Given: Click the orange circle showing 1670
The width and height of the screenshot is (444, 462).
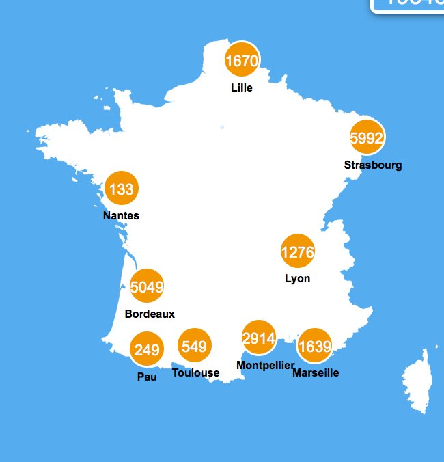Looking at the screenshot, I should click(x=242, y=62).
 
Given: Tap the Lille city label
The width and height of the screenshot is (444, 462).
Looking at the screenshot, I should click(x=242, y=87).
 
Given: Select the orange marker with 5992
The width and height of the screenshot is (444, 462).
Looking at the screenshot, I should click(x=367, y=138).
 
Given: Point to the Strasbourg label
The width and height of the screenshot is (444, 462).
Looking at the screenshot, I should click(x=373, y=165).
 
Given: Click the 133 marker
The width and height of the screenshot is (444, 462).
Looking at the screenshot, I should click(x=121, y=189).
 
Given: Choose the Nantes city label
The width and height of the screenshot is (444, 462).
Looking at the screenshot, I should click(x=121, y=215).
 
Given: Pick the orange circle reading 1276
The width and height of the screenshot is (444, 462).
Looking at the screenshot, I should click(x=298, y=252).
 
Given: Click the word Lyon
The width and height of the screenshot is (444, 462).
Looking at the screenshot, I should click(x=298, y=278).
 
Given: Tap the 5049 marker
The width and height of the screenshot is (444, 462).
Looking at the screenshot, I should click(x=147, y=287).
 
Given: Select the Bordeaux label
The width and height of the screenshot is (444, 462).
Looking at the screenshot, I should click(x=150, y=314).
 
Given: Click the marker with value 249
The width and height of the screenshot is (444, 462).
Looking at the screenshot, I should click(x=147, y=351).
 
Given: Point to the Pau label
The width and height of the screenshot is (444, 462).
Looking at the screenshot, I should click(x=147, y=377).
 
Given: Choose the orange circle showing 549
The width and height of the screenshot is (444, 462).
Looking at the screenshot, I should click(x=195, y=346).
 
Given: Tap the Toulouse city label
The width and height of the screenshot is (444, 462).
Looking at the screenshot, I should click(x=196, y=372).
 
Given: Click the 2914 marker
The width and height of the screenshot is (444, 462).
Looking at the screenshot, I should click(x=259, y=338).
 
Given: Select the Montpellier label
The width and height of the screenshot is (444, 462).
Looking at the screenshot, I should click(x=265, y=365).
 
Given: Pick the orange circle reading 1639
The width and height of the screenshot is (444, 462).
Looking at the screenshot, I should click(x=315, y=346).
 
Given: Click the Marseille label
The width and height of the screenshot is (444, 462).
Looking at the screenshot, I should click(x=316, y=373).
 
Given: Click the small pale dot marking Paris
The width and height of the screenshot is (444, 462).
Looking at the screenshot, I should click(x=222, y=127).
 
